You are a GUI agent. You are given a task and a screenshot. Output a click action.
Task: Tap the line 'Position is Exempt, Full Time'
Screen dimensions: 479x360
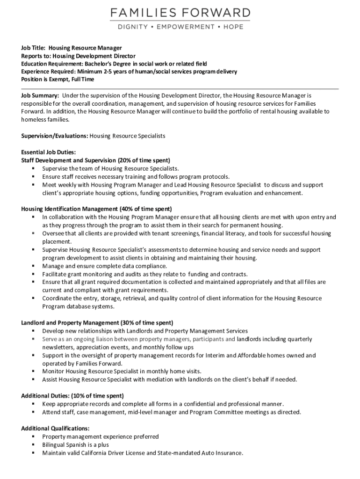(58, 80)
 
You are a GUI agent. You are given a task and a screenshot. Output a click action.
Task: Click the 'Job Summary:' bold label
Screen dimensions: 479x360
(40, 95)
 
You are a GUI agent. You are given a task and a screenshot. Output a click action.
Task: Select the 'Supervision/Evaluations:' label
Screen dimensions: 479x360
(54, 136)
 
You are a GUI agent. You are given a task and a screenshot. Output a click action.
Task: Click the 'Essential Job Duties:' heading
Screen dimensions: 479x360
(49, 152)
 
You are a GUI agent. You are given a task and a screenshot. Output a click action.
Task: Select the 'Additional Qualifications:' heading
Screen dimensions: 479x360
(55, 428)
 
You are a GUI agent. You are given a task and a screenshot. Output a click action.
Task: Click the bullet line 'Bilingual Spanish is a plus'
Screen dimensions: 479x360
(75, 445)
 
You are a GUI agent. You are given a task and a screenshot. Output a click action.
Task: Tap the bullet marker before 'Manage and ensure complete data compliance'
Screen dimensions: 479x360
(34, 266)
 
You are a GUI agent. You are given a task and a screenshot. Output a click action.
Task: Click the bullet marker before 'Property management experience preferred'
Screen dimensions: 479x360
(34, 436)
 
